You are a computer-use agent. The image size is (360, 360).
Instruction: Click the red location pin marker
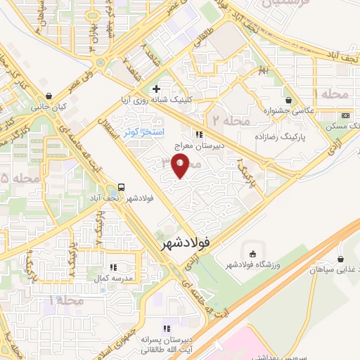(181, 167)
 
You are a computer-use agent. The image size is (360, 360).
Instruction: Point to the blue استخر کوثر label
(143, 131)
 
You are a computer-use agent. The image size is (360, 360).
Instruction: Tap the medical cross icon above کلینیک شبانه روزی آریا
(156, 89)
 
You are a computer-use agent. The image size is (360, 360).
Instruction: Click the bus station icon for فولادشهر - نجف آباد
(122, 187)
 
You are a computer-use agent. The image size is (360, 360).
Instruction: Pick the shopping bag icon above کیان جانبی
(48, 96)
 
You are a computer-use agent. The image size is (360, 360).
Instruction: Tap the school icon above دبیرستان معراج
(200, 134)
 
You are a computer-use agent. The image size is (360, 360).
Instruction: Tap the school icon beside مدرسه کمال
(112, 267)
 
